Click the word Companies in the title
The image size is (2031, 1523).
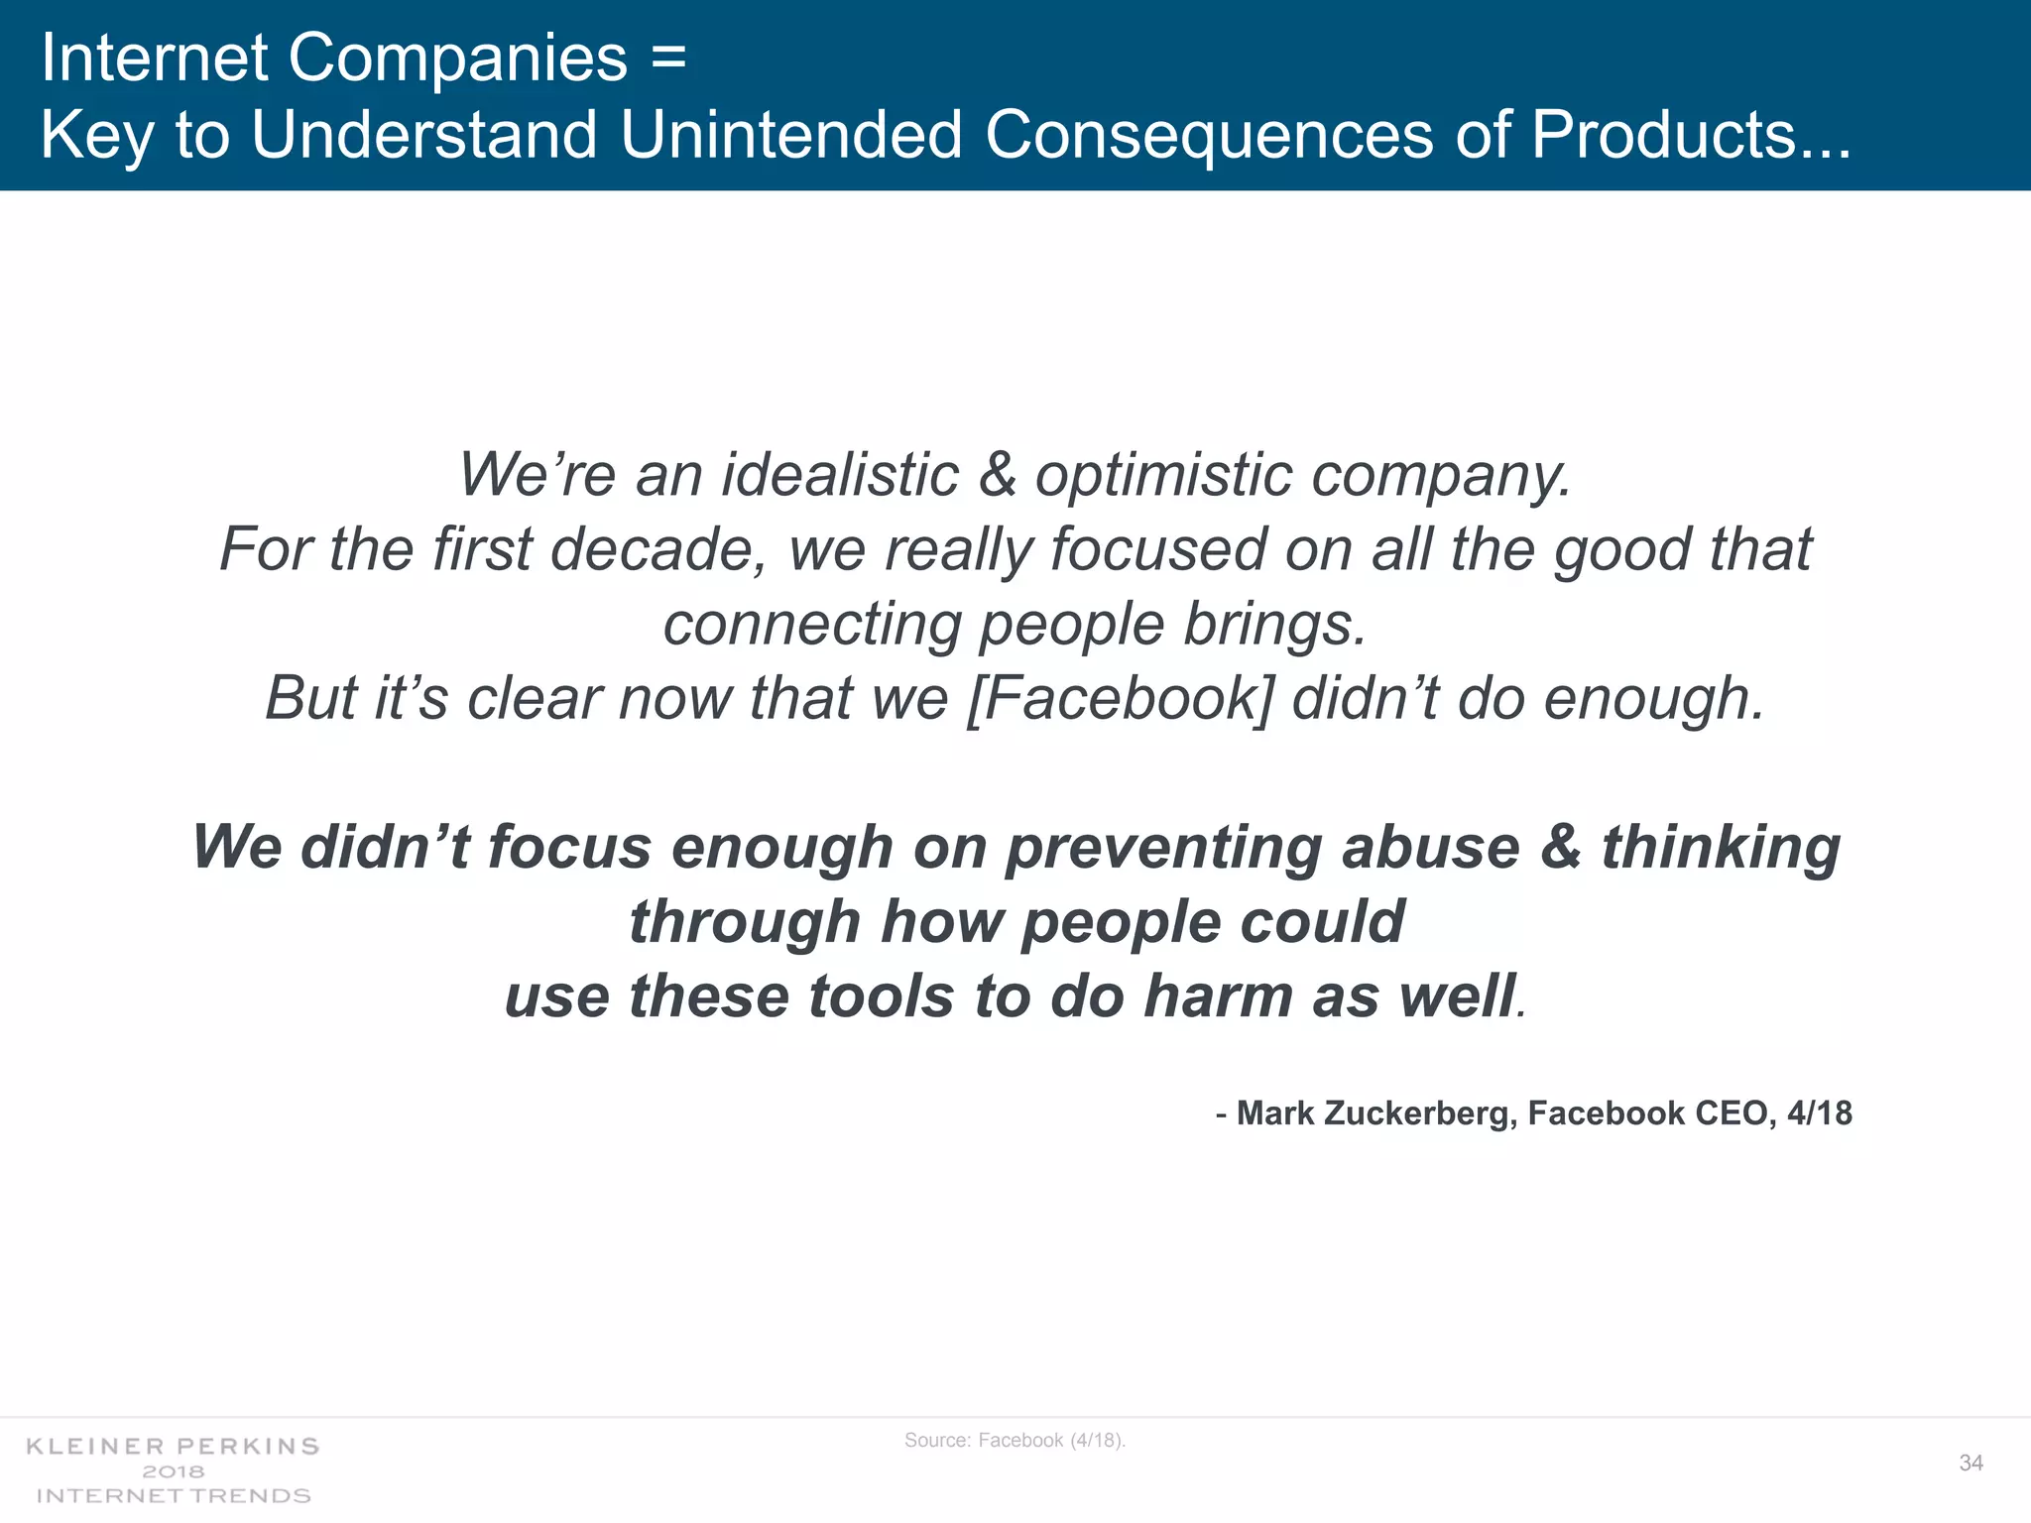point(457,58)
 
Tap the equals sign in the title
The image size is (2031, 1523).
point(669,58)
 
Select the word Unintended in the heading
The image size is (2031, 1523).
point(790,134)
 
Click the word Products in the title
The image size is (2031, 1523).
point(1663,134)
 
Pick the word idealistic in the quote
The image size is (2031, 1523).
point(840,474)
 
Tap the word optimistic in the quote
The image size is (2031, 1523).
point(1163,474)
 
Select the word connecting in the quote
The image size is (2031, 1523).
point(812,624)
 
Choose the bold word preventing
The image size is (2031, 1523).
point(1163,848)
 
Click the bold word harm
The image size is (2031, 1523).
point(1218,996)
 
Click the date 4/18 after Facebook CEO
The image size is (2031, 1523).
point(1819,1113)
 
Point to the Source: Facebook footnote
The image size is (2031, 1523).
point(1015,1440)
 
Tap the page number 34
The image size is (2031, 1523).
point(1971,1463)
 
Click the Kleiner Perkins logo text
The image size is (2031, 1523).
point(173,1447)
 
